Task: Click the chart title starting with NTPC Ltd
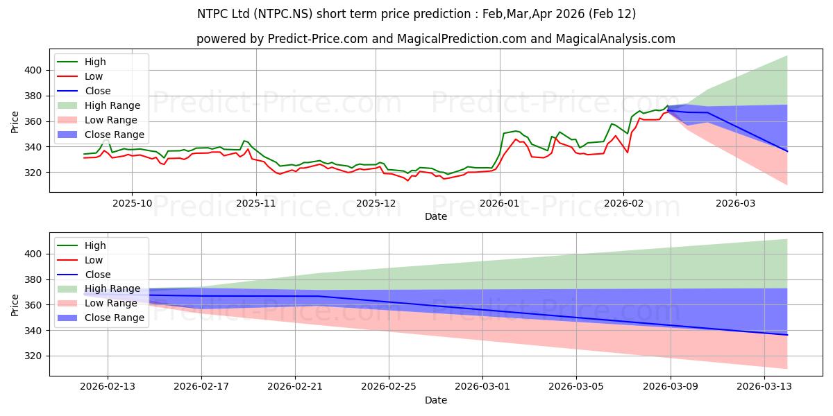click(416, 14)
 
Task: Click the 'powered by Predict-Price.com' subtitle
click(435, 39)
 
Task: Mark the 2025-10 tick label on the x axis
click(132, 204)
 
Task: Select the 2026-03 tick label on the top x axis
click(736, 204)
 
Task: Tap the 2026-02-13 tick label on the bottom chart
click(108, 387)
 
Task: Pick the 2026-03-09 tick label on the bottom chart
click(671, 387)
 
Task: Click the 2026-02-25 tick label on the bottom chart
click(389, 387)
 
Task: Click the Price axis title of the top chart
click(15, 122)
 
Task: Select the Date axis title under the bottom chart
click(435, 400)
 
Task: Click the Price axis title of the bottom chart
click(15, 305)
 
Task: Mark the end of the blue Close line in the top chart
click(787, 151)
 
